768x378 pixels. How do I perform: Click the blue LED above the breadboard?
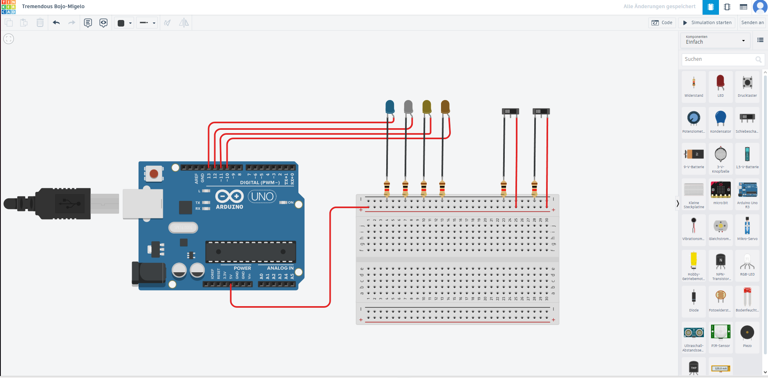click(x=390, y=107)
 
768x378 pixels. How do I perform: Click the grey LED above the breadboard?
click(x=408, y=107)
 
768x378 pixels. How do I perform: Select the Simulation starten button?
click(x=707, y=23)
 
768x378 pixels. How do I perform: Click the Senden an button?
click(x=752, y=23)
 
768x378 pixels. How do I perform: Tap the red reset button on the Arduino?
click(x=154, y=174)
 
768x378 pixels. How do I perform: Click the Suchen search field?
click(x=719, y=59)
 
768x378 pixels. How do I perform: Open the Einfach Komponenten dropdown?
click(x=715, y=40)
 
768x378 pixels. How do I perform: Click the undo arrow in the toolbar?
click(x=56, y=23)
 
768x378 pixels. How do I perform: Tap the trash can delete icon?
click(x=40, y=23)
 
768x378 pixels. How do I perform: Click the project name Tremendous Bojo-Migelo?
click(x=53, y=7)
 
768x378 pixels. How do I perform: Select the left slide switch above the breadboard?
click(x=510, y=111)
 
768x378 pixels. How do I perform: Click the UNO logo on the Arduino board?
click(x=262, y=197)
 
